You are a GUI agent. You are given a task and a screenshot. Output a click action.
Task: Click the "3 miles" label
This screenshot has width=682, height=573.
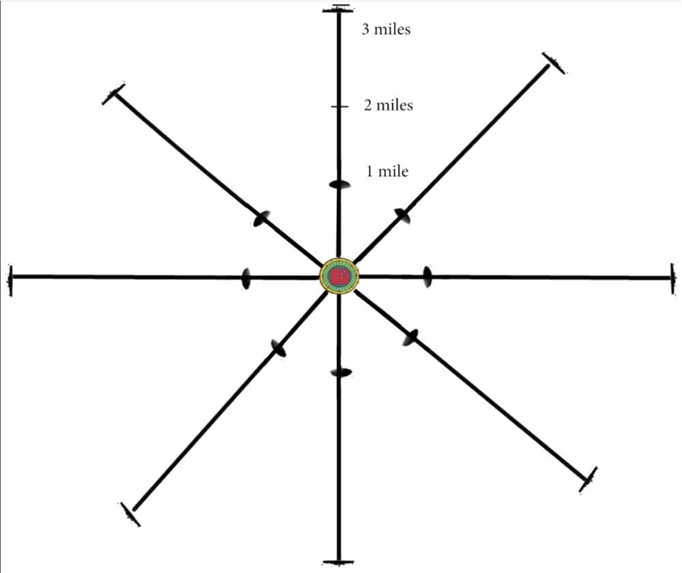pyautogui.click(x=387, y=30)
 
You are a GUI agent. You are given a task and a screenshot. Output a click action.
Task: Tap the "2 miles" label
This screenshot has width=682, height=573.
pyautogui.click(x=388, y=106)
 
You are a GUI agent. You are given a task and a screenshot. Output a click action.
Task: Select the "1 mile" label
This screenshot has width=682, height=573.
pyautogui.click(x=387, y=171)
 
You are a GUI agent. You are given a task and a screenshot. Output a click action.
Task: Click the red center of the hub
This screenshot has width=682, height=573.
pyautogui.click(x=339, y=277)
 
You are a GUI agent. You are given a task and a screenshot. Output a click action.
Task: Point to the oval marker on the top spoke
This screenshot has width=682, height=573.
pyautogui.click(x=340, y=184)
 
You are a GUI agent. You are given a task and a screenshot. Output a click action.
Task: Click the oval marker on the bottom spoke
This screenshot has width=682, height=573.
pyautogui.click(x=340, y=372)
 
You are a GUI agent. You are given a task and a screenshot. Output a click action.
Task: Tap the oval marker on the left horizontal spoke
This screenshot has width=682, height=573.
pyautogui.click(x=246, y=278)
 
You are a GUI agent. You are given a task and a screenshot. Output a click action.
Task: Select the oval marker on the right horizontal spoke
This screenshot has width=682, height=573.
pyautogui.click(x=428, y=277)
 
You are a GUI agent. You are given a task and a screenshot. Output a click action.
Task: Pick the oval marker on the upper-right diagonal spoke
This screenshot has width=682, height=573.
pyautogui.click(x=402, y=216)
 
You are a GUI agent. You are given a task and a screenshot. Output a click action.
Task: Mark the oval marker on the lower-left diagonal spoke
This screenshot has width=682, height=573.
pyautogui.click(x=278, y=348)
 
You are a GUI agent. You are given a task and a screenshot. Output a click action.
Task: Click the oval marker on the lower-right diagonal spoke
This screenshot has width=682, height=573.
pyautogui.click(x=409, y=337)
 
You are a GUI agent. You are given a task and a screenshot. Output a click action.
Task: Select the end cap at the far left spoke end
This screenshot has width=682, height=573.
pyautogui.click(x=10, y=280)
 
